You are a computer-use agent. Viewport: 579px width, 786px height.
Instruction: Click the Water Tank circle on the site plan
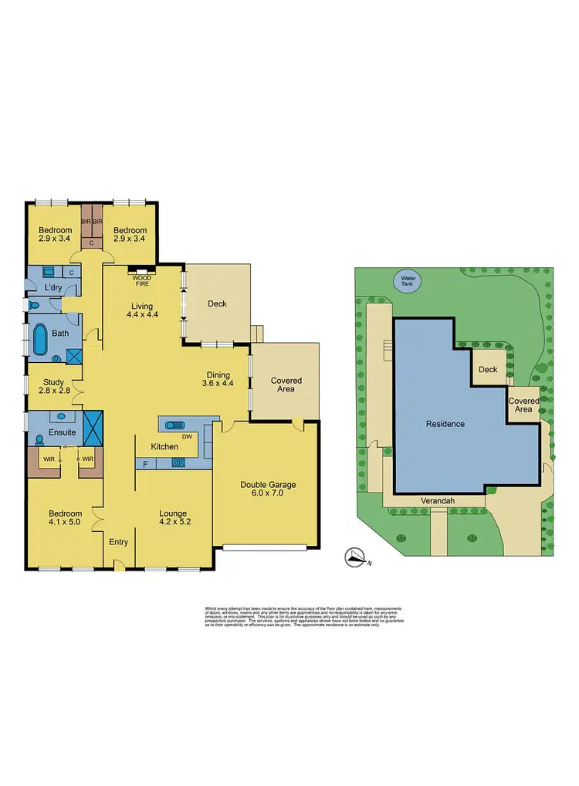coord(405,280)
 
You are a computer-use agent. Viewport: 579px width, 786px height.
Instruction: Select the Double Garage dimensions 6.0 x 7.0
coord(268,495)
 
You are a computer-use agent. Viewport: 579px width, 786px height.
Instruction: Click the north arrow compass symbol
coord(356,557)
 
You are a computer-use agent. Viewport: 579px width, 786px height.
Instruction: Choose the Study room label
coord(53,381)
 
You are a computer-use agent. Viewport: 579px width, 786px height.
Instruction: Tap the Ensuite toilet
coord(39,439)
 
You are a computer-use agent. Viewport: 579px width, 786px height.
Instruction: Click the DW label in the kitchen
coord(188,436)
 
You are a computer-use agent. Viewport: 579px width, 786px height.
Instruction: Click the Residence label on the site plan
coord(445,424)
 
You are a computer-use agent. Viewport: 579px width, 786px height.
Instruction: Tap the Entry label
coord(118,542)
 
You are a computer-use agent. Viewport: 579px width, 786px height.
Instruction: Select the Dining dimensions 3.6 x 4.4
coord(218,383)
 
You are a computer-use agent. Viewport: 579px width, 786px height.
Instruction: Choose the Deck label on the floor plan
coord(218,303)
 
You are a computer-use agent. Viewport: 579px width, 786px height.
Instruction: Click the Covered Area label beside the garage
coord(286,386)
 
